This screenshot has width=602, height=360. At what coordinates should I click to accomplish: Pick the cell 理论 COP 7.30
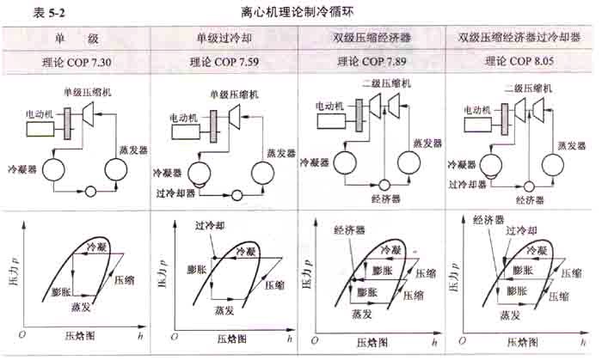point(76,62)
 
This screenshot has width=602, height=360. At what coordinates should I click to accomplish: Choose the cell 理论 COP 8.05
point(523,62)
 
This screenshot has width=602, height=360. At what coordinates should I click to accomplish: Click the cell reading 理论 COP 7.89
point(372,62)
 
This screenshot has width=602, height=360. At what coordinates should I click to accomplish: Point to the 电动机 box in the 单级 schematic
point(40,127)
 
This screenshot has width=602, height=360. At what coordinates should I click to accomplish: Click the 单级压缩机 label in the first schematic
point(91,92)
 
